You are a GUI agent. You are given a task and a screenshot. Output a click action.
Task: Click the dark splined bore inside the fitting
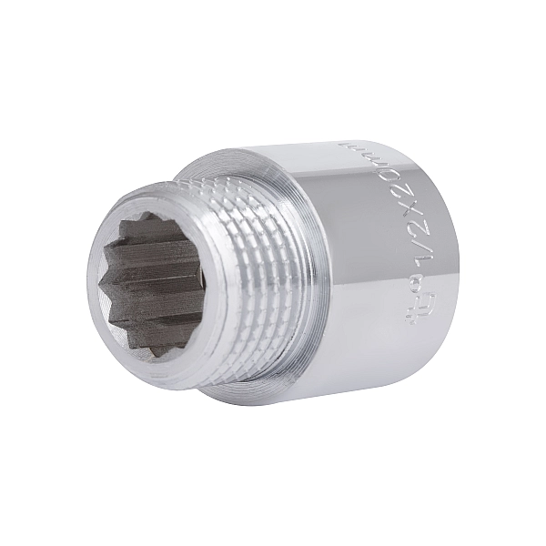(x=150, y=282)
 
